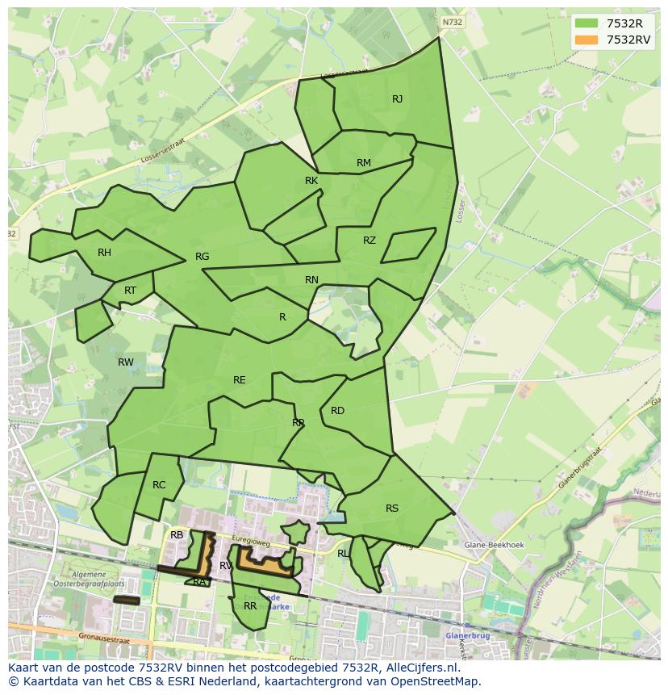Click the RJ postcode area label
(x=397, y=99)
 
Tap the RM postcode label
(x=364, y=163)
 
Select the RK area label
(x=311, y=181)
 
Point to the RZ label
(x=369, y=241)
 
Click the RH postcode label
(x=104, y=253)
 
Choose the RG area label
(x=202, y=257)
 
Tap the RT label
(x=130, y=291)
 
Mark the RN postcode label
(x=311, y=280)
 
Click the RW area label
(x=126, y=362)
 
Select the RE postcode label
(x=240, y=380)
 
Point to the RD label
(x=337, y=411)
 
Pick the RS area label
(x=392, y=509)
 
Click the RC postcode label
(x=159, y=485)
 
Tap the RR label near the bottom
(x=250, y=605)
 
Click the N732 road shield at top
(x=453, y=23)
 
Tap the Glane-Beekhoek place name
(x=494, y=545)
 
